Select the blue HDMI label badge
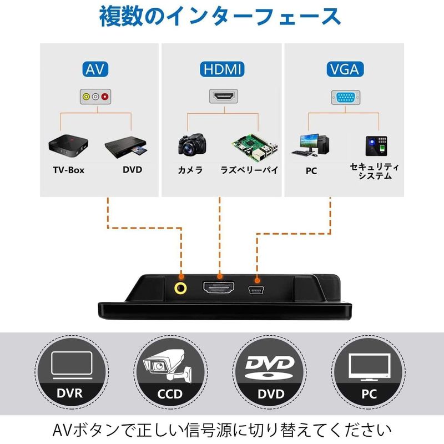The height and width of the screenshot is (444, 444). pyautogui.click(x=221, y=69)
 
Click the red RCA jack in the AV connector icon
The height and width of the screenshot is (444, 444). pyautogui.click(x=104, y=97)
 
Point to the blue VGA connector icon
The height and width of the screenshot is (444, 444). pyautogui.click(x=345, y=97)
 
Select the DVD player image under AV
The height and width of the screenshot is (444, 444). pyautogui.click(x=126, y=147)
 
